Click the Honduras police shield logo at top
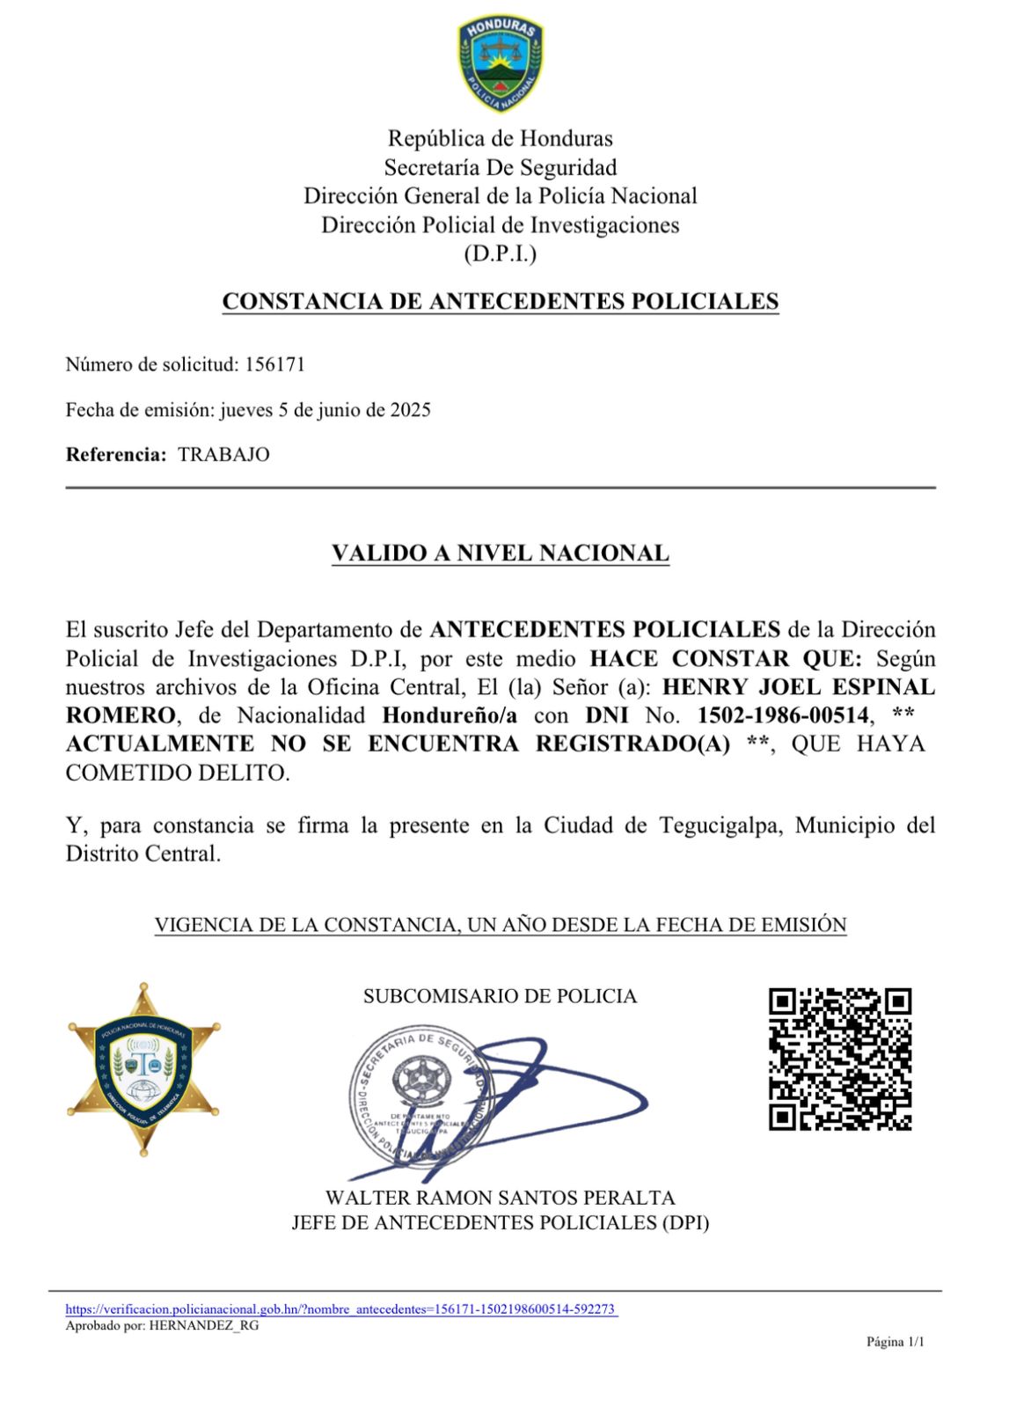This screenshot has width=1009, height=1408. [500, 64]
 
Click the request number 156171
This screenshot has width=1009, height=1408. [274, 364]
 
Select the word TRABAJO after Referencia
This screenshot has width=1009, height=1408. [223, 455]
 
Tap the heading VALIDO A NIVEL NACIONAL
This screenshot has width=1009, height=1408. [500, 554]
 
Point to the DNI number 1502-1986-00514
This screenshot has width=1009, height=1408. [783, 715]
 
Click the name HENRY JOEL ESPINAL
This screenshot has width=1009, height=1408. [798, 687]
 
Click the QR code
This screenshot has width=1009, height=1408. [840, 1060]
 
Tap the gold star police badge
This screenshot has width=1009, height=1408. [144, 1069]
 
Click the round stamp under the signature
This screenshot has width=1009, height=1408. [420, 1100]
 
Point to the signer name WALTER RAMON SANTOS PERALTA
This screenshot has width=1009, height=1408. [500, 1198]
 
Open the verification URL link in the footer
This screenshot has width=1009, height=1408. [341, 1309]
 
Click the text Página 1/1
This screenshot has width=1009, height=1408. [895, 1342]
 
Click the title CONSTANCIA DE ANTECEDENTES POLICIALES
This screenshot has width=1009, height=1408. [500, 301]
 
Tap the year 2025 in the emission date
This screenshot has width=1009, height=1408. [411, 410]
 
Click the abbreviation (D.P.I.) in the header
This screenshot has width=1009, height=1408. [500, 254]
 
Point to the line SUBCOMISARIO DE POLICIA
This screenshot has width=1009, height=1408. [500, 996]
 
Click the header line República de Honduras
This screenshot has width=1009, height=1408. [500, 138]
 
